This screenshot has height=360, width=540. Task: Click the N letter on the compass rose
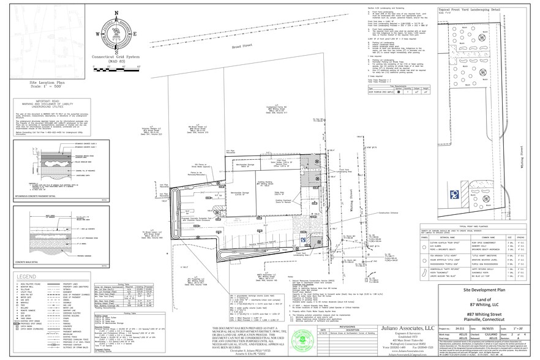[x=117, y=13]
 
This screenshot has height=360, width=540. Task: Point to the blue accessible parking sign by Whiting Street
[x=454, y=194]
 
